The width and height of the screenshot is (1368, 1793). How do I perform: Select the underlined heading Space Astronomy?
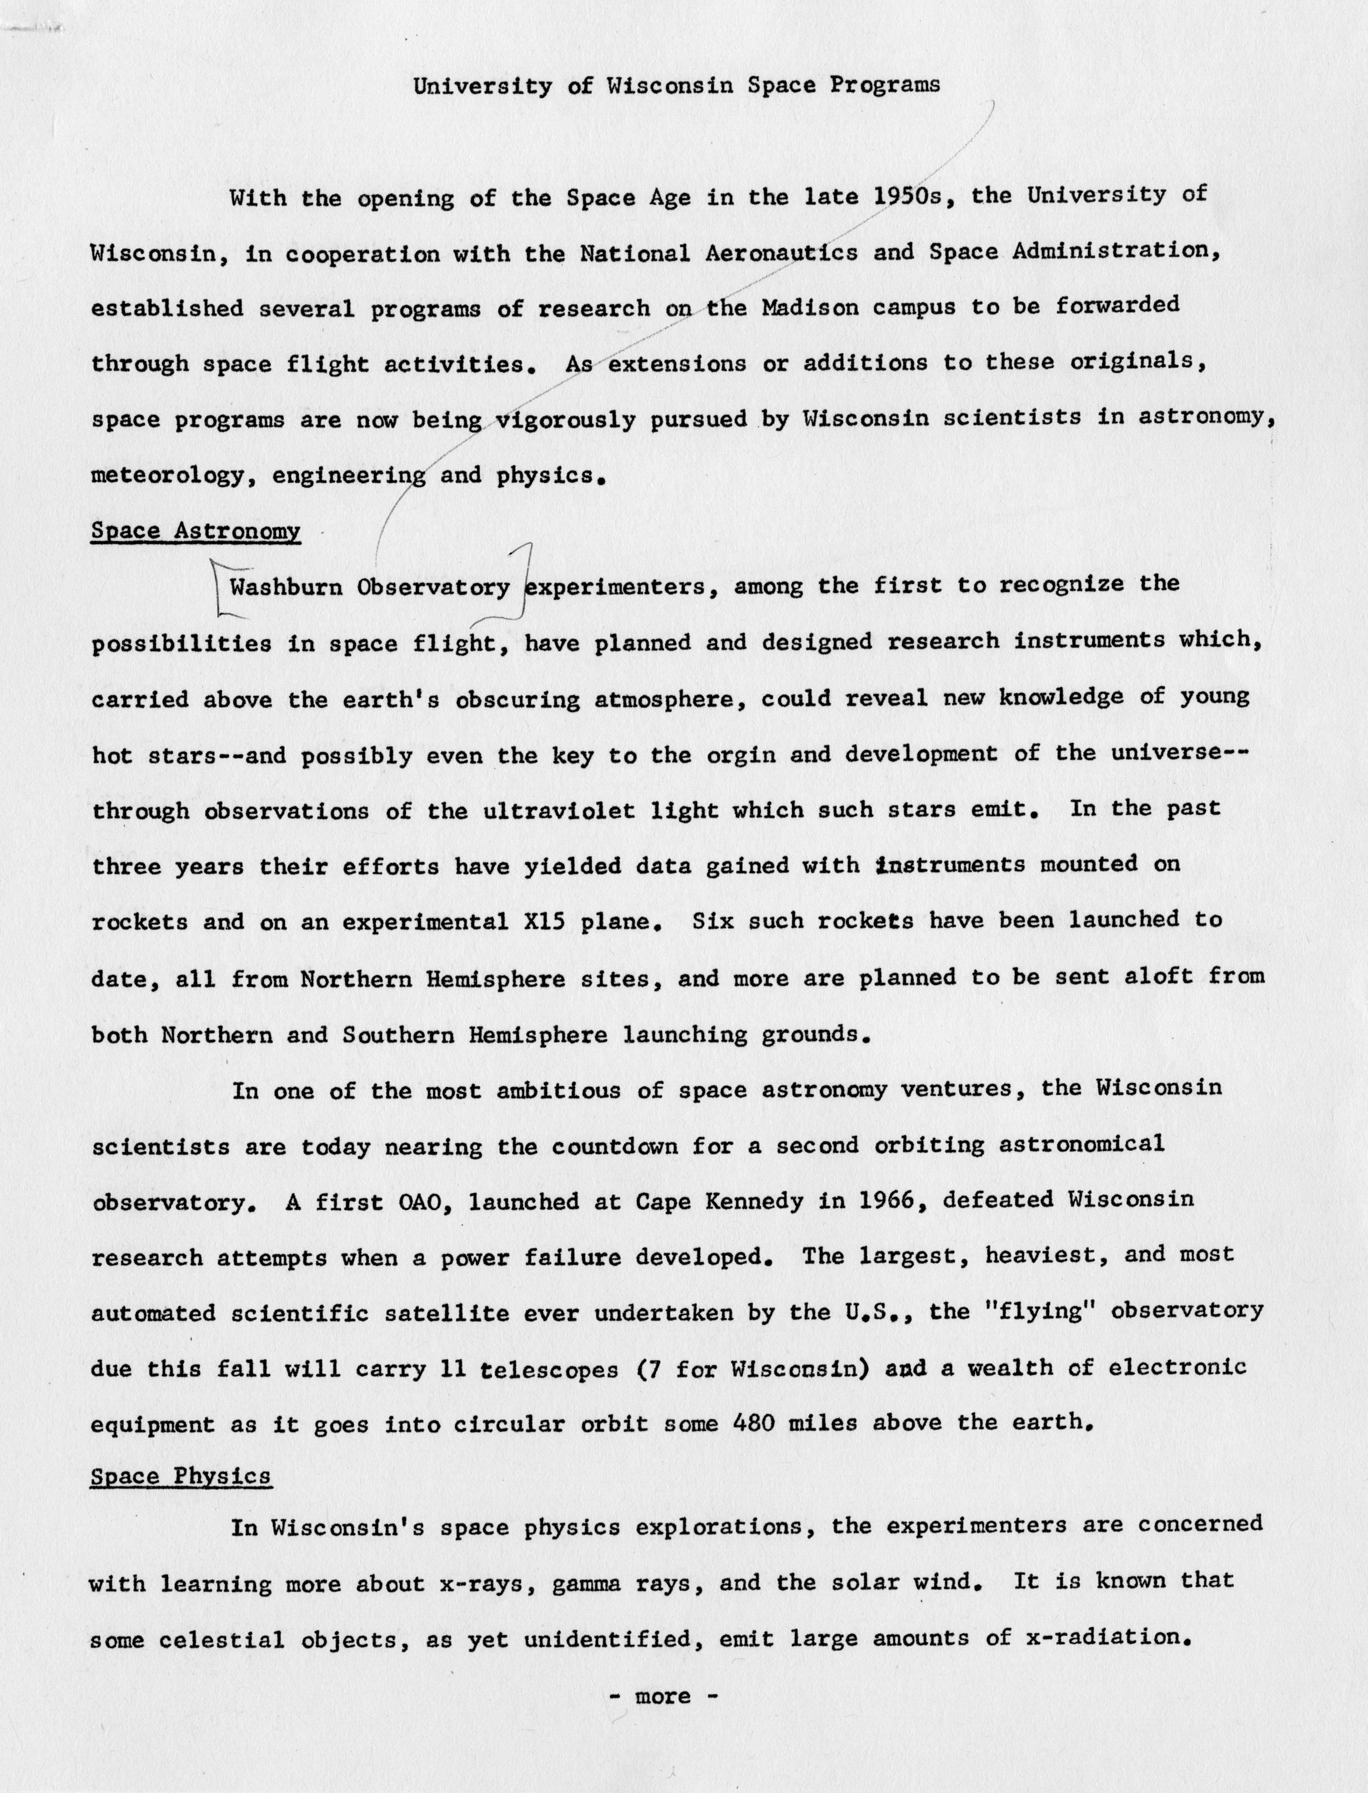[x=195, y=531]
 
